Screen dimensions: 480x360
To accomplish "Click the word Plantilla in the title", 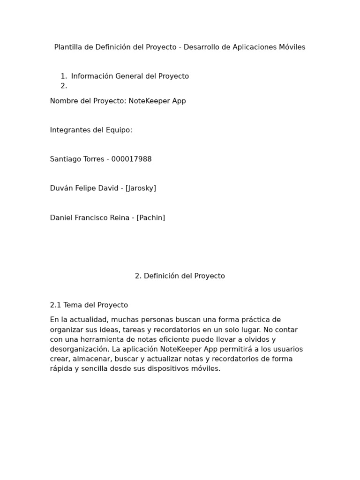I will pos(68,47).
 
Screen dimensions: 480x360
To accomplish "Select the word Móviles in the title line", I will pos(292,47).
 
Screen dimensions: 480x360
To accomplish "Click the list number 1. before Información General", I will pos(64,76).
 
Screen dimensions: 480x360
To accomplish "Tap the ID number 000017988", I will pos(132,159).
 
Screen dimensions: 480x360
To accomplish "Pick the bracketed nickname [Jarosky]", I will pos(141,188).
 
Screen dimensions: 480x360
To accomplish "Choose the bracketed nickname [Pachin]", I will pos(151,218).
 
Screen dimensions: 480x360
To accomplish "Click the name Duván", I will pos(61,188).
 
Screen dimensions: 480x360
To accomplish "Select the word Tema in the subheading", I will pos(73,305).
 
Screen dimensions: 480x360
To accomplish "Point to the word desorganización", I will pos(79,349).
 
